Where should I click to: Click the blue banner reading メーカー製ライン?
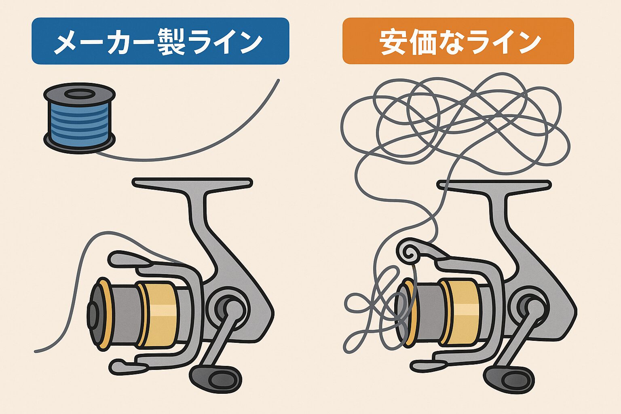tap(160, 41)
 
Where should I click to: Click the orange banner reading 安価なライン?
tap(458, 41)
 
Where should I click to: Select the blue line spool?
tap(80, 119)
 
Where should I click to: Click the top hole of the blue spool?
tap(80, 95)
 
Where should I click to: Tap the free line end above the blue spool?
tap(278, 80)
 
